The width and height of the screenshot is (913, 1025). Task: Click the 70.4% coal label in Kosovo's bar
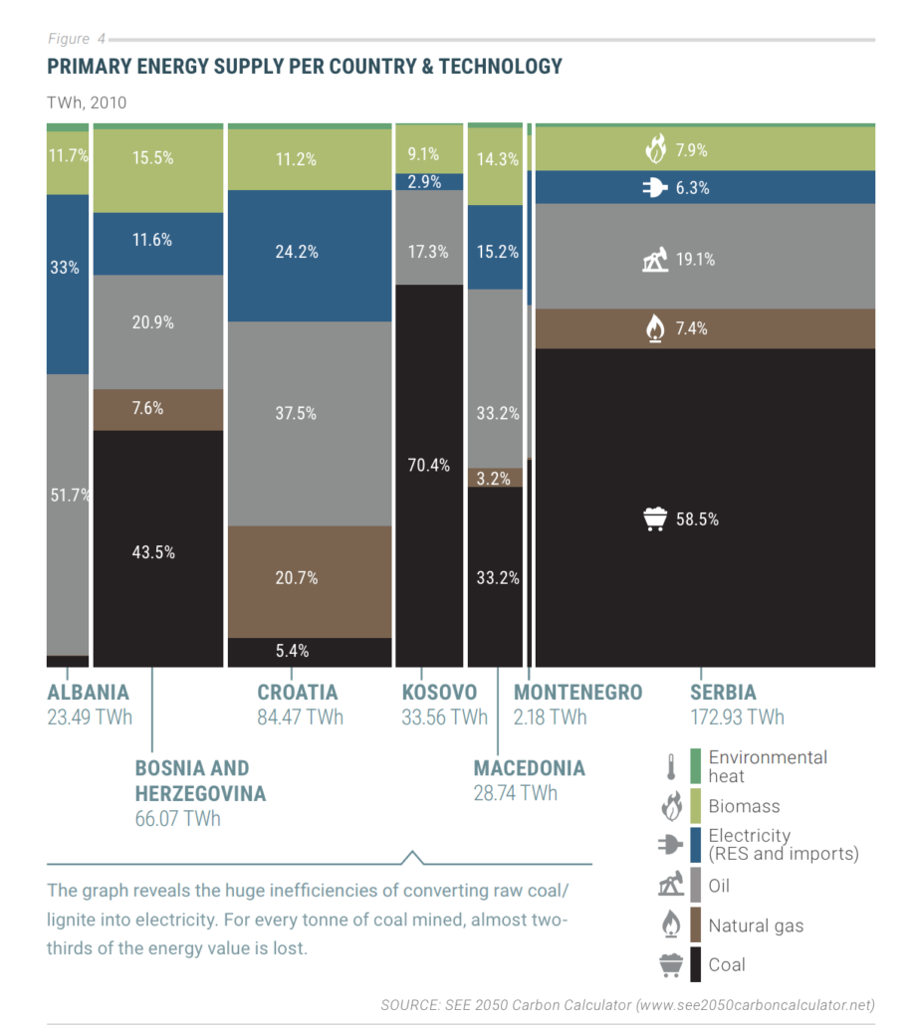tap(428, 465)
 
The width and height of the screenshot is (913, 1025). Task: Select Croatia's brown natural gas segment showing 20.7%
tap(310, 582)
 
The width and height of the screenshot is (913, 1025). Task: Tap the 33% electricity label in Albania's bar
tap(64, 268)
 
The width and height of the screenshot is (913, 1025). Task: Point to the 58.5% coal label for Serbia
tap(697, 519)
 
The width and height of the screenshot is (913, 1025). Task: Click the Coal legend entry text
tap(727, 965)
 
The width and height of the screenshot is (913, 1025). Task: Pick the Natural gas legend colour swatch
tap(695, 924)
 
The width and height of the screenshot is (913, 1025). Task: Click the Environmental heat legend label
tap(768, 766)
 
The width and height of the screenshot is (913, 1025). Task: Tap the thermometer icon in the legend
tap(671, 767)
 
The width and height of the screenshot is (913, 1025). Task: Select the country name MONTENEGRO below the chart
tap(577, 693)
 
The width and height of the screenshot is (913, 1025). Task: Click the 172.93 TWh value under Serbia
tap(737, 717)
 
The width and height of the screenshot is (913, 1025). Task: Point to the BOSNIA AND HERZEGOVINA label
tap(200, 780)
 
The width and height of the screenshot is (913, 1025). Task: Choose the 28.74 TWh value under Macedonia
tap(516, 793)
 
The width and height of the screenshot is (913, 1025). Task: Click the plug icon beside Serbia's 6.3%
tap(655, 188)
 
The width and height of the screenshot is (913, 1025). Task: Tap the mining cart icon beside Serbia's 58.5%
tap(655, 519)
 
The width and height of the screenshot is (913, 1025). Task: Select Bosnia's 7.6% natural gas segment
tap(158, 410)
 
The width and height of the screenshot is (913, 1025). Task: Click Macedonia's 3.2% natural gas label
tap(493, 479)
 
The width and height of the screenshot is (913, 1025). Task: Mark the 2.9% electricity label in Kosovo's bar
tap(424, 182)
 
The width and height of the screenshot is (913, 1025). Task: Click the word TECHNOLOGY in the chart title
tap(501, 66)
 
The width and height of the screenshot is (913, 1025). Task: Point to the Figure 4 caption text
tap(77, 39)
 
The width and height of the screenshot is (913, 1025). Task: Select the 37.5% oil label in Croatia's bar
tap(296, 413)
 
